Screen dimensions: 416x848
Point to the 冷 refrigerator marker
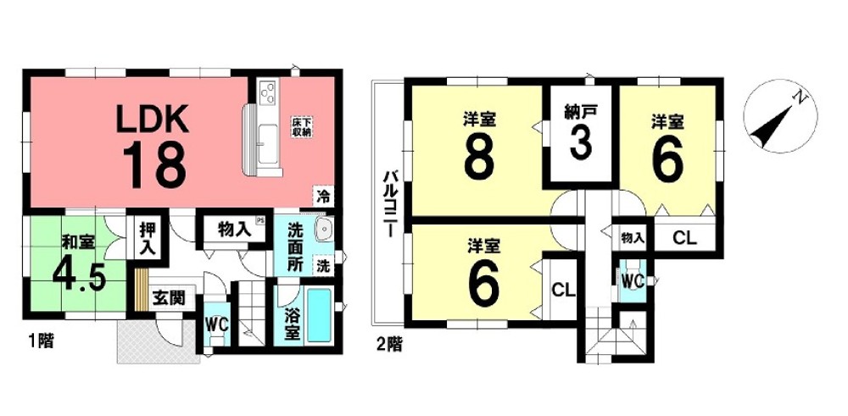[x=323, y=196]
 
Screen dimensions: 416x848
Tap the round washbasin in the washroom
[x=322, y=231]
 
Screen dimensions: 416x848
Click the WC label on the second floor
[x=630, y=278]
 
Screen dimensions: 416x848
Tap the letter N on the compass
[x=799, y=98]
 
